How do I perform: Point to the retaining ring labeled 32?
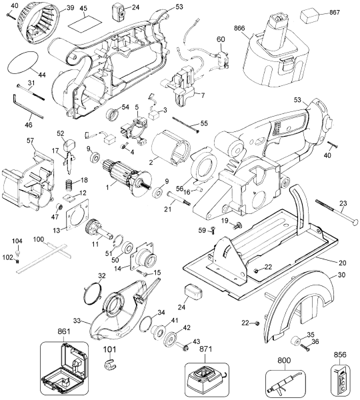(92, 295)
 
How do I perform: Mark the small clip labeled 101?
(109, 364)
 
